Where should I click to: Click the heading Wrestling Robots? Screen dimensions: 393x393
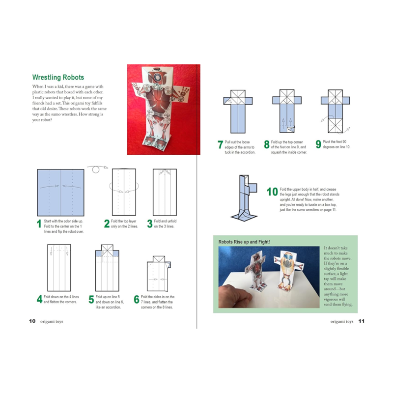[x=58, y=78]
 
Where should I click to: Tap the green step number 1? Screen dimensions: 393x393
[x=39, y=225]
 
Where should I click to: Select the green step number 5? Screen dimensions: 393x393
[x=91, y=300]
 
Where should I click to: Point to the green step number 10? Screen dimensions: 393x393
[x=272, y=192]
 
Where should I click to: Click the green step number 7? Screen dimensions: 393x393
[x=221, y=145]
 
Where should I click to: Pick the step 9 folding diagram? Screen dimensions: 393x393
[x=336, y=112]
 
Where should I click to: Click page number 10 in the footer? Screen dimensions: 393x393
[x=32, y=322]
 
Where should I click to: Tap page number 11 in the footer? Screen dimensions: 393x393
[x=361, y=322]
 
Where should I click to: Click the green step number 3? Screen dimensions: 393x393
[x=150, y=225]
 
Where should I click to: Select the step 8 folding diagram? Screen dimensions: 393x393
[x=283, y=112]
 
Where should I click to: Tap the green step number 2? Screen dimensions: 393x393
[x=107, y=225]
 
